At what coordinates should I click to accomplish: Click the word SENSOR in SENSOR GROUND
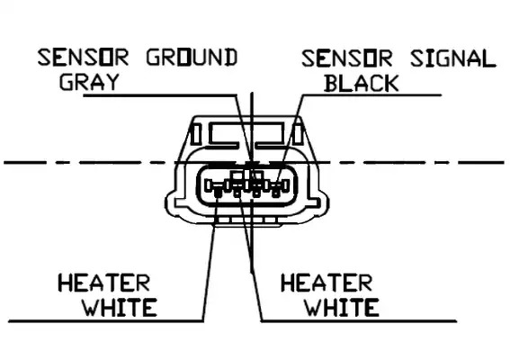84,58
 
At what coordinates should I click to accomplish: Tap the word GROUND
192,58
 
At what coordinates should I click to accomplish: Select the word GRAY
89,82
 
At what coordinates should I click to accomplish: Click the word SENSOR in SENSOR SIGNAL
347,58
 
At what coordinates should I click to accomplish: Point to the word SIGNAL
453,58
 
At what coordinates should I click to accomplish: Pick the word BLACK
362,83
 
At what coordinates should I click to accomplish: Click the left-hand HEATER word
103,283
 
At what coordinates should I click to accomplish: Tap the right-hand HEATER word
327,283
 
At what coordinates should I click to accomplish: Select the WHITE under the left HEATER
120,308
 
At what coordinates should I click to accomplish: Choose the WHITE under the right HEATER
342,308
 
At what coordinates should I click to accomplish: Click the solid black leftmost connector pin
218,193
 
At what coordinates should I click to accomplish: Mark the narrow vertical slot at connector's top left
195,134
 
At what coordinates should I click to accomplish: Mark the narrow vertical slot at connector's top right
298,134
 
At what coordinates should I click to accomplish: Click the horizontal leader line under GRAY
160,95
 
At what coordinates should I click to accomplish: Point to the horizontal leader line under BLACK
371,95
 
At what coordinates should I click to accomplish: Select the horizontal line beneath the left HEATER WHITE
106,321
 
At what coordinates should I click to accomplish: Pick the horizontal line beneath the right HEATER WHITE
359,321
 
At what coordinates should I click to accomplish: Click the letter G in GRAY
67,82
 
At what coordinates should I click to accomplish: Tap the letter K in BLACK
391,83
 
